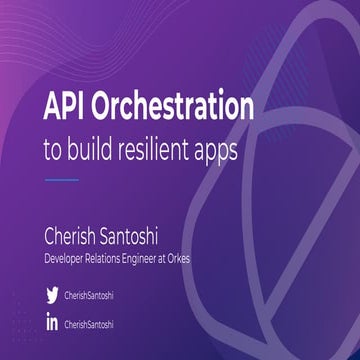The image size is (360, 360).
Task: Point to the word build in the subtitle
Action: [x=88, y=145]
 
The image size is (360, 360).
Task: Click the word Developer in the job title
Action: [x=69, y=259]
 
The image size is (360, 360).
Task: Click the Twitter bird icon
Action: [x=52, y=295]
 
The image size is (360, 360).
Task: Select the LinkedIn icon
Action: [x=52, y=324]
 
